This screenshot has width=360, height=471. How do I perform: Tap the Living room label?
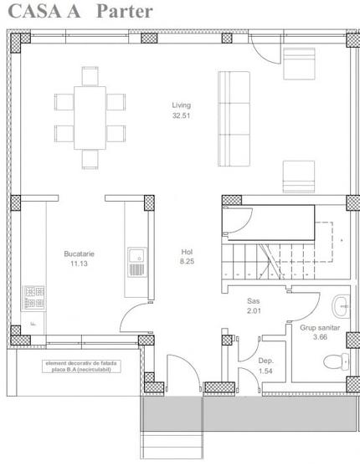[182, 105]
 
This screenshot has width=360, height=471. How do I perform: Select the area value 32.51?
[182, 115]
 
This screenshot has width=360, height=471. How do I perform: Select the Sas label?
[255, 299]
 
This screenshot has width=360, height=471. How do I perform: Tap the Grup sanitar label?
[320, 328]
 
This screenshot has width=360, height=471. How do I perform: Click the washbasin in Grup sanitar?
[342, 305]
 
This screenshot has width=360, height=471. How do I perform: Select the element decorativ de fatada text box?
[81, 365]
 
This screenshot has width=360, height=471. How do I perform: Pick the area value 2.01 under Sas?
[255, 310]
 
